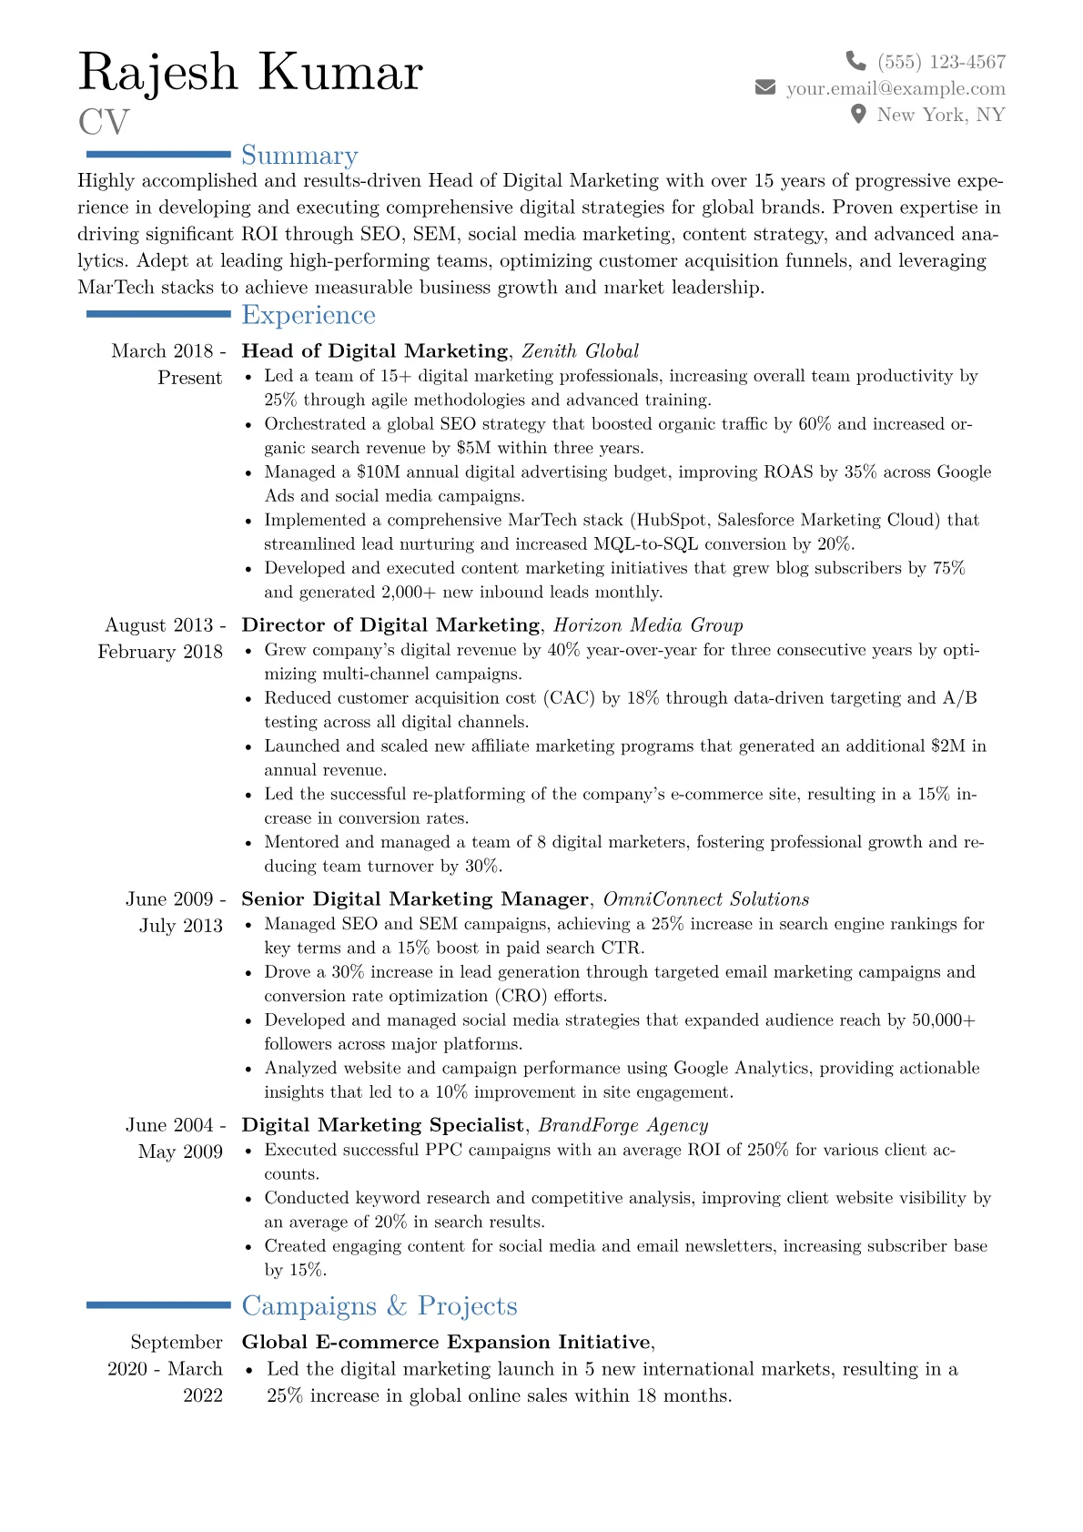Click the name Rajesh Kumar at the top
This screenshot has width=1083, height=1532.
[x=250, y=73]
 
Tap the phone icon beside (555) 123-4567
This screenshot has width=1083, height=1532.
[x=855, y=61]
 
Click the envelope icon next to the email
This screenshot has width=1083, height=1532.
[x=765, y=87]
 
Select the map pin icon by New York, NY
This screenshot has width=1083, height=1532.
[x=857, y=114]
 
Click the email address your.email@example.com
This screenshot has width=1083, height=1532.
[x=896, y=88]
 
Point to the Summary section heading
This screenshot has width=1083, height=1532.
[x=299, y=156]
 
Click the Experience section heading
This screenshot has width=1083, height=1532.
[x=309, y=315]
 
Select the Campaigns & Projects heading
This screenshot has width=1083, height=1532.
[x=379, y=1306]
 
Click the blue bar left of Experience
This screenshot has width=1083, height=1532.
[x=158, y=314]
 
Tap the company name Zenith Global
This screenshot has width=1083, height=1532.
[x=580, y=351]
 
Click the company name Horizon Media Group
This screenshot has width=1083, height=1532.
[x=648, y=625]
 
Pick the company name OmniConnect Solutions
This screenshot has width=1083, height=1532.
[x=705, y=899]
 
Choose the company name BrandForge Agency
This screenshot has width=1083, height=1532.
[x=622, y=1125]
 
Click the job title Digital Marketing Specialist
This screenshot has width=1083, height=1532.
[x=382, y=1125]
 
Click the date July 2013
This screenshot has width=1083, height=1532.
[x=180, y=926]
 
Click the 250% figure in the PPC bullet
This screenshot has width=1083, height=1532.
[x=767, y=1150]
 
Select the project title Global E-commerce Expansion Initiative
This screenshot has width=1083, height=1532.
[x=446, y=1343]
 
